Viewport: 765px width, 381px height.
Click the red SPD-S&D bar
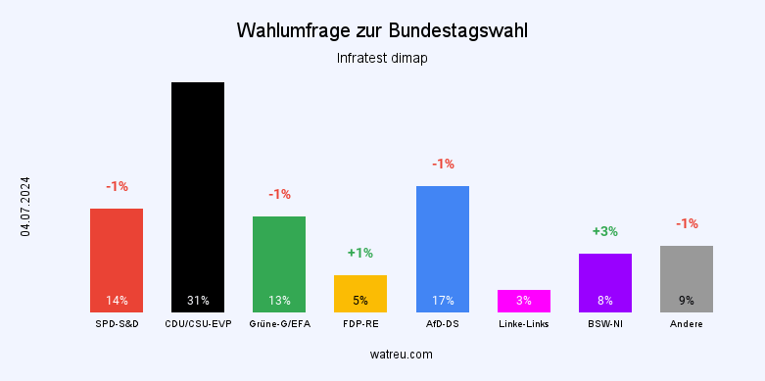pos(117,260)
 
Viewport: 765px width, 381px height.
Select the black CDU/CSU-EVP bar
pos(198,196)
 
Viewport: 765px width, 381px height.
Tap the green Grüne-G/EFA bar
pos(279,263)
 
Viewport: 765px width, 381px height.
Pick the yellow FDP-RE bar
pos(360,293)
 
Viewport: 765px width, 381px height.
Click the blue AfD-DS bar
pos(442,249)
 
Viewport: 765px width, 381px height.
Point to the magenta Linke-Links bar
pos(523,301)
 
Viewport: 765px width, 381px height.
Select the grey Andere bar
pos(686,278)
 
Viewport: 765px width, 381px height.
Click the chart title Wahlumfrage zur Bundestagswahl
pos(382,31)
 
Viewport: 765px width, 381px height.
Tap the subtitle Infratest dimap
pos(382,58)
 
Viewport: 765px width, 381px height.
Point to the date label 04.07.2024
pos(25,206)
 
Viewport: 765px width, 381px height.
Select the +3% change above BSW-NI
pos(604,231)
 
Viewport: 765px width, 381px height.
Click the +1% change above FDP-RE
pos(360,253)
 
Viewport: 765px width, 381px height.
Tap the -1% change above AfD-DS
pos(442,164)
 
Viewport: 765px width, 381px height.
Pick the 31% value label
pos(198,301)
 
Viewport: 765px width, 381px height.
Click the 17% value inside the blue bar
pos(442,301)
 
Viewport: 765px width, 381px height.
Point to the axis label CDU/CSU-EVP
pos(198,323)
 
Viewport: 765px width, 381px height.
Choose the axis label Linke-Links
pos(523,323)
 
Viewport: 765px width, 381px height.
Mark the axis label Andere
pos(686,323)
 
